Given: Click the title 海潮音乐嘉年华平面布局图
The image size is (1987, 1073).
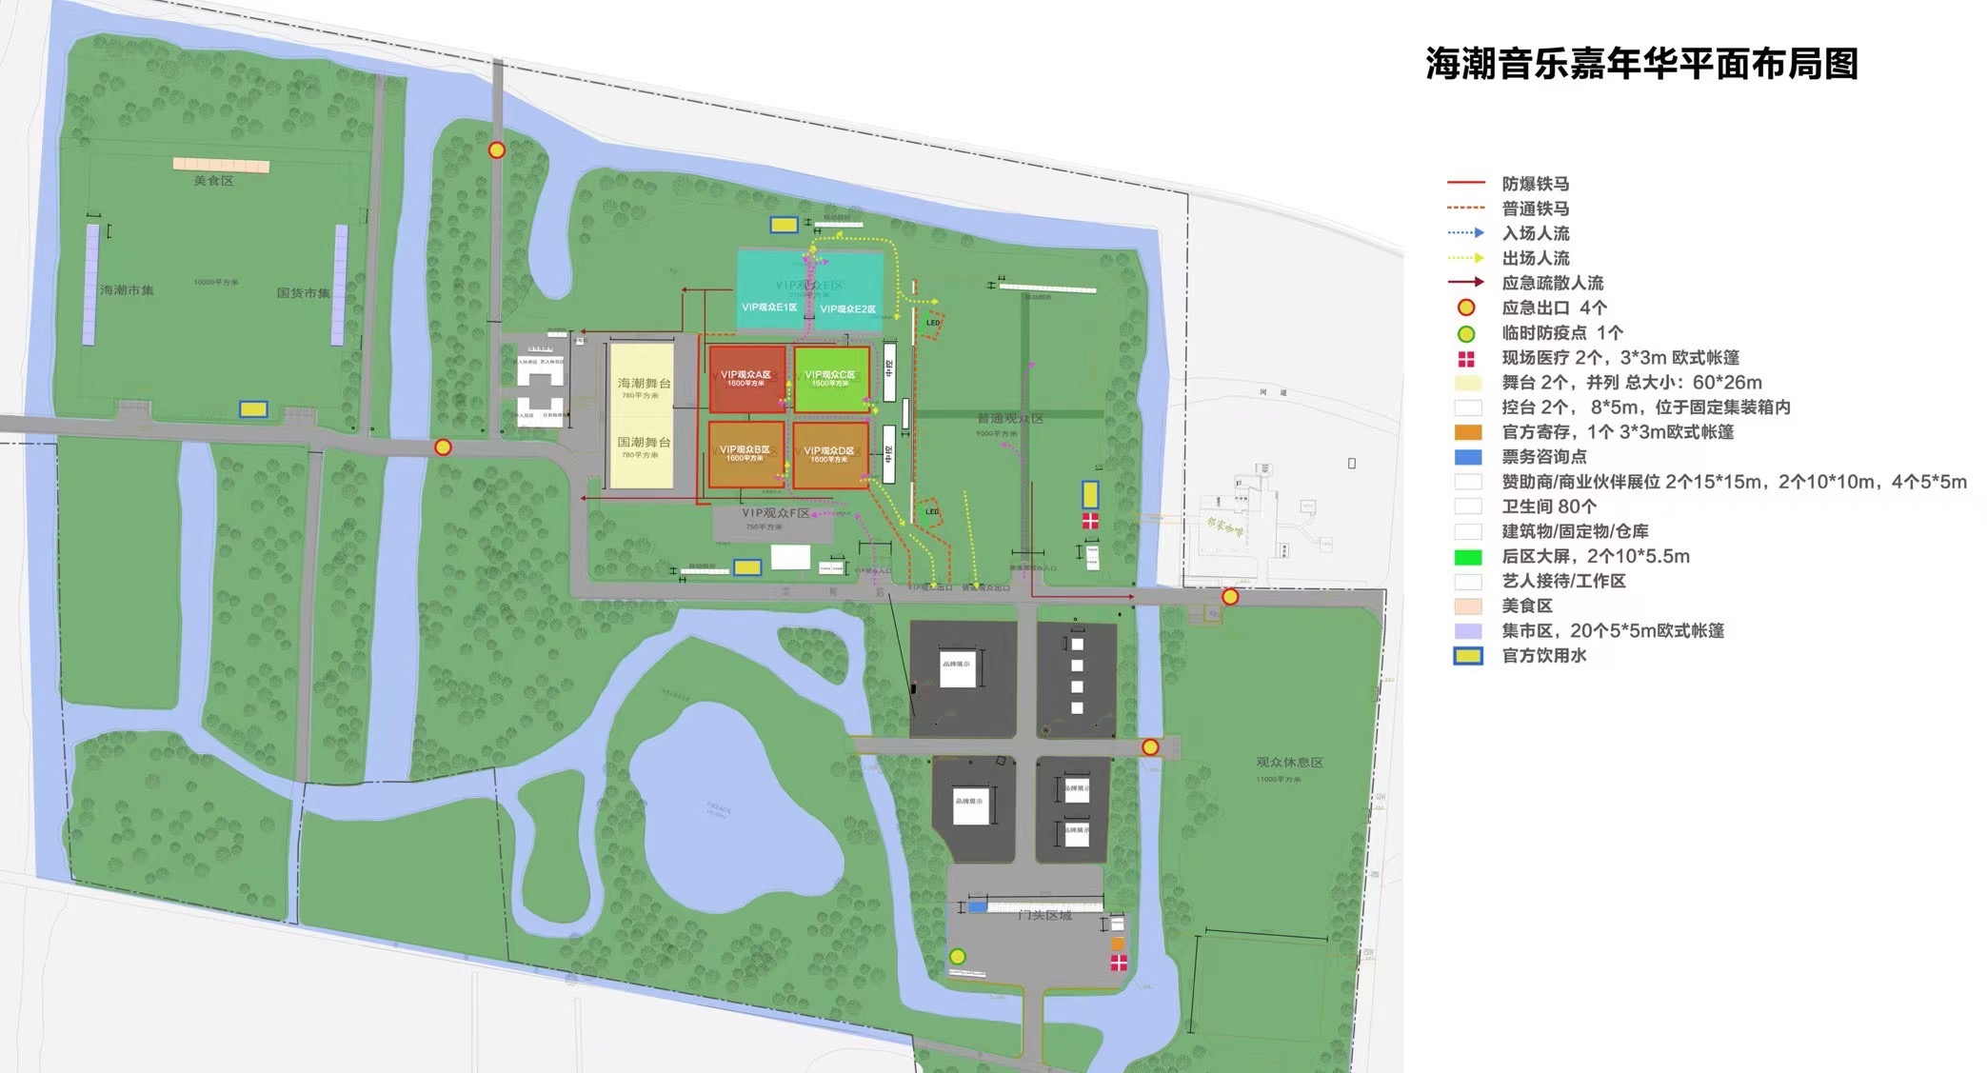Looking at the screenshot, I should pyautogui.click(x=1641, y=64).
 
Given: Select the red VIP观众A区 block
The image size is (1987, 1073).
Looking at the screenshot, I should pyautogui.click(x=746, y=379).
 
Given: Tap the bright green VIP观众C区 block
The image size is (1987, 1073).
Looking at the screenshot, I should pyautogui.click(x=830, y=379).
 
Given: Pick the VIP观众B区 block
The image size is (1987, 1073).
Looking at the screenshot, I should pyautogui.click(x=745, y=454).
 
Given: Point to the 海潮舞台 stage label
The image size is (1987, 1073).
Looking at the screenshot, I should pyautogui.click(x=645, y=383).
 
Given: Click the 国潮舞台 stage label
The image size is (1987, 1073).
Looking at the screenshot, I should pyautogui.click(x=645, y=442).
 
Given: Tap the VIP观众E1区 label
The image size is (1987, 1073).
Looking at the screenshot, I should pyautogui.click(x=769, y=308).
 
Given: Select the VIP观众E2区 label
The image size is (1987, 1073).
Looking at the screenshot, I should pyautogui.click(x=847, y=308).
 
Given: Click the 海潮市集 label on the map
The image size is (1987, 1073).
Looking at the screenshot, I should pyautogui.click(x=127, y=289).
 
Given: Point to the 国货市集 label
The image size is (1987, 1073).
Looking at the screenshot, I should pyautogui.click(x=303, y=292).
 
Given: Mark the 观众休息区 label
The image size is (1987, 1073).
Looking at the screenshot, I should pyautogui.click(x=1289, y=762).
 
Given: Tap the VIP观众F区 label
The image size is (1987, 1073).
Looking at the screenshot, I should pyautogui.click(x=776, y=512).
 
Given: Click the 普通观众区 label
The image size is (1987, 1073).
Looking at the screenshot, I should pyautogui.click(x=1010, y=418).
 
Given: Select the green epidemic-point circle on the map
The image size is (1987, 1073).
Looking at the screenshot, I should pyautogui.click(x=958, y=956).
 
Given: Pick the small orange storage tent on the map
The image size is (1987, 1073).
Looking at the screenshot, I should pyautogui.click(x=1118, y=944).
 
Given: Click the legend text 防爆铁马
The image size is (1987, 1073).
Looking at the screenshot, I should pyautogui.click(x=1535, y=184).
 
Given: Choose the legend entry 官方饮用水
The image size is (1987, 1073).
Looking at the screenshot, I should pyautogui.click(x=1543, y=655).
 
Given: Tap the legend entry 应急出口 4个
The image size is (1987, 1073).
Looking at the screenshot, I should pyautogui.click(x=1554, y=308).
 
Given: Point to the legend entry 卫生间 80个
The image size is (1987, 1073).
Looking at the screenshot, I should pyautogui.click(x=1549, y=507).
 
